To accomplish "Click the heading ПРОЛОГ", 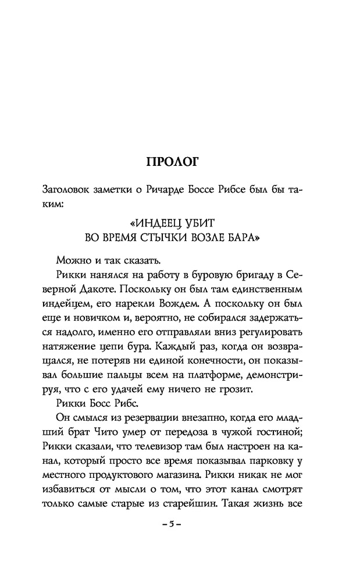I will [172, 162].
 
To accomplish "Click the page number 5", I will [173, 524].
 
